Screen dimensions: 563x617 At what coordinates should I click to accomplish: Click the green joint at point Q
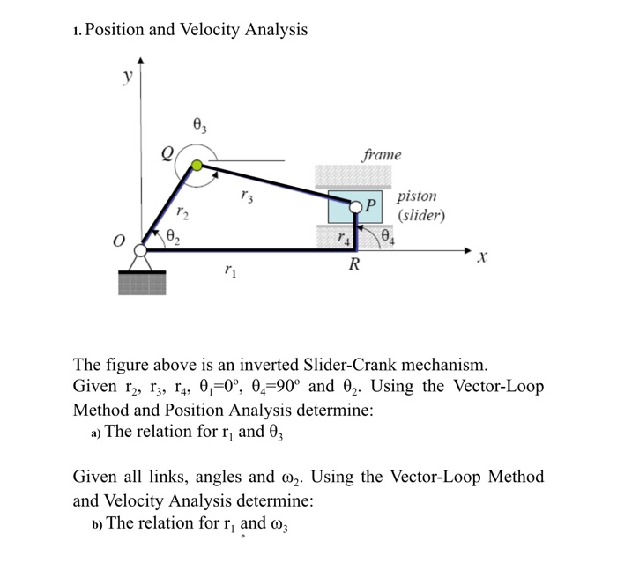[197, 165]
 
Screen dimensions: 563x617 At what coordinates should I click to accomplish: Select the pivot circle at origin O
[139, 250]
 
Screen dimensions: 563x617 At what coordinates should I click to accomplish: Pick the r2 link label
[181, 211]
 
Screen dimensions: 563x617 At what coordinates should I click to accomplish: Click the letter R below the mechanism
[353, 264]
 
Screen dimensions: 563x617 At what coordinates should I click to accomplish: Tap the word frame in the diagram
[381, 155]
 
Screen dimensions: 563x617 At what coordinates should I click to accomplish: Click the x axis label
[481, 259]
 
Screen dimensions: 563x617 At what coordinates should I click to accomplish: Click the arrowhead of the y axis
[140, 62]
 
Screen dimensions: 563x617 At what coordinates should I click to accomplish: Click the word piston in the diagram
[417, 196]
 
